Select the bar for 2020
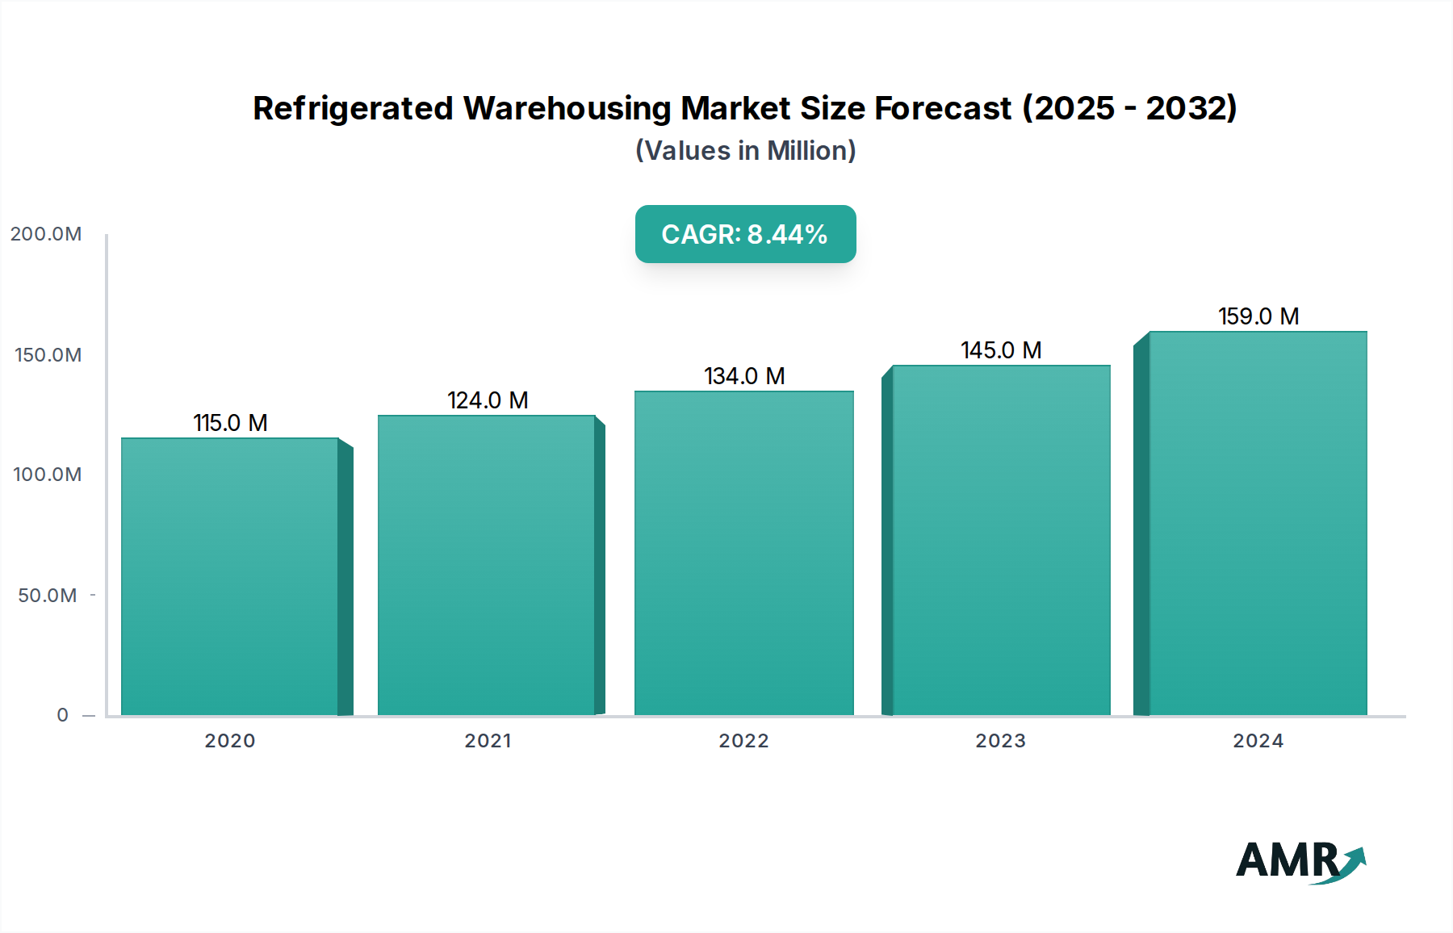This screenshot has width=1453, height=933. point(230,576)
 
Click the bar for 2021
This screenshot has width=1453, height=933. point(487,565)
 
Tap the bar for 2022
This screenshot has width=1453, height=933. point(743,553)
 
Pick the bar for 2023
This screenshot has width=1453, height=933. point(1001,540)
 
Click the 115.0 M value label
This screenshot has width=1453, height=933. point(230,423)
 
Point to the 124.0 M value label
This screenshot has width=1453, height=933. point(488,400)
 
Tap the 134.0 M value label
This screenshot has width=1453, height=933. point(744,376)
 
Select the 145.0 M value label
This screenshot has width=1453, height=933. point(1001,350)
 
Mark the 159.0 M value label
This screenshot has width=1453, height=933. point(1258,316)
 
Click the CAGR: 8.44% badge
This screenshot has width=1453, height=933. point(745,234)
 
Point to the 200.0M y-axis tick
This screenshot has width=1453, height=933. point(46,234)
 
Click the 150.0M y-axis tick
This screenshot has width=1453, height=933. point(48,355)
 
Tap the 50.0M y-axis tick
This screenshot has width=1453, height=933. point(48,596)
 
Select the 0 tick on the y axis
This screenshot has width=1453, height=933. point(62,715)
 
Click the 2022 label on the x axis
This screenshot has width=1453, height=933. point(743,741)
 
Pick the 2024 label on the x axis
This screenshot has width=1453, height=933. point(1258,741)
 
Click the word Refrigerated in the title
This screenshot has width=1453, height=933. point(353,108)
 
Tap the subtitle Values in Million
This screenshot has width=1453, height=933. point(745,151)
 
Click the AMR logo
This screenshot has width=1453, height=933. point(1300,861)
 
